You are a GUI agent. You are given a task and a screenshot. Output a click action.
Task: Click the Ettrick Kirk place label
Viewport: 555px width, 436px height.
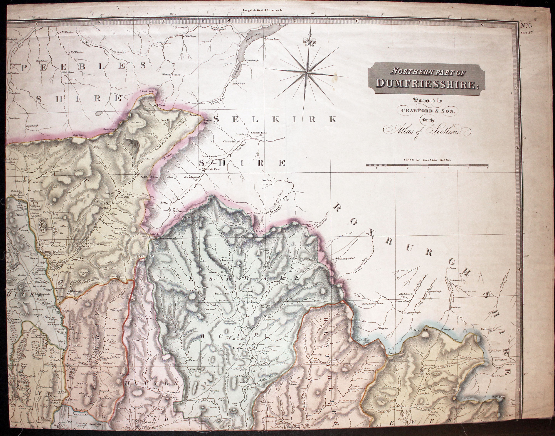(x=259, y=133)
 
